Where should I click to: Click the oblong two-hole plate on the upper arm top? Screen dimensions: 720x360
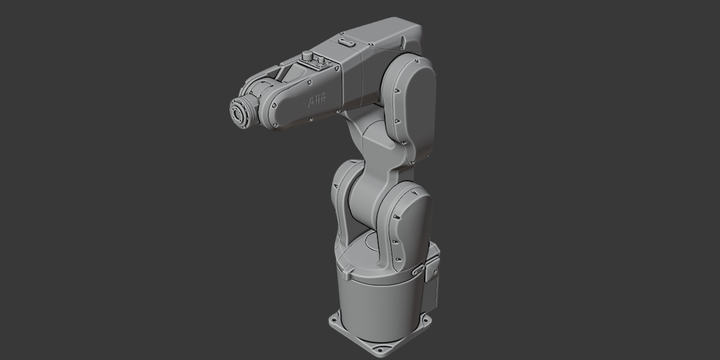(x=346, y=42)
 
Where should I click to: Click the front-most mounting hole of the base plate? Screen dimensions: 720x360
(x=380, y=350)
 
